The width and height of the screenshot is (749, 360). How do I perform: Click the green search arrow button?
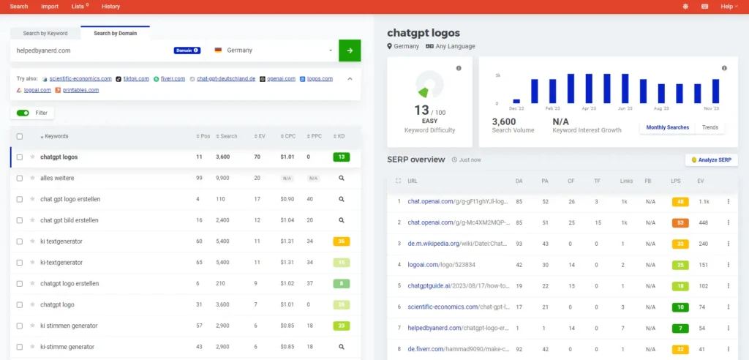click(x=350, y=50)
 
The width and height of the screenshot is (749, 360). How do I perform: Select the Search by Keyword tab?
click(x=45, y=33)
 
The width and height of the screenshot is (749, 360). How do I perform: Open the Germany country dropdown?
click(x=273, y=50)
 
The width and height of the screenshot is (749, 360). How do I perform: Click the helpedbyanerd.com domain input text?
click(x=44, y=50)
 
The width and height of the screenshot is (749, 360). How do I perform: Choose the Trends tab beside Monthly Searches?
click(x=710, y=127)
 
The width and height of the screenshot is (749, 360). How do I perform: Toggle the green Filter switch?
click(x=23, y=113)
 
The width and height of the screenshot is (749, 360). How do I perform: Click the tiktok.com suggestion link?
click(x=136, y=78)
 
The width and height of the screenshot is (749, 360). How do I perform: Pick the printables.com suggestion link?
click(x=80, y=90)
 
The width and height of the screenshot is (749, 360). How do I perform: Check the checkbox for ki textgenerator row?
click(x=20, y=241)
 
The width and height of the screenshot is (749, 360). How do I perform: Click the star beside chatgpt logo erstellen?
click(x=32, y=283)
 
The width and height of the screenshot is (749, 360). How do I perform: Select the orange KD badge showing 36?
click(x=341, y=241)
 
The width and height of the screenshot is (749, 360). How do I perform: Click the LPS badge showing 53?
click(x=680, y=222)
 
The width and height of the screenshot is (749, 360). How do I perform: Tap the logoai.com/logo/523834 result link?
click(x=437, y=264)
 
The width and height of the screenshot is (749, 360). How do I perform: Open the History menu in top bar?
click(x=111, y=7)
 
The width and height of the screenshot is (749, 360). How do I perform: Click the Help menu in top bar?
click(x=729, y=7)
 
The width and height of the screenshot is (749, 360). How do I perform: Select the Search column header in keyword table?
click(x=228, y=136)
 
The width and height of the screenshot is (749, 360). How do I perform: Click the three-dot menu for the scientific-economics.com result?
click(x=728, y=307)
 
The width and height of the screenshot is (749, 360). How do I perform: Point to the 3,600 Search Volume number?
click(x=504, y=121)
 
